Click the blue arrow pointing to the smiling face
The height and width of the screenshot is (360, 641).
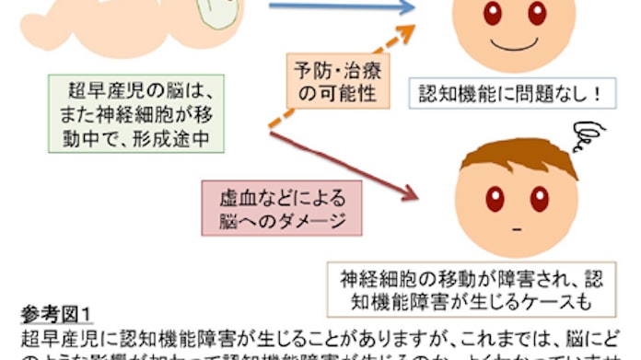point(341,8)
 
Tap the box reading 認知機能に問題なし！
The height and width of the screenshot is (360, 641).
point(496,93)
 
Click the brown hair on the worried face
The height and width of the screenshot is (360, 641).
point(520,157)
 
